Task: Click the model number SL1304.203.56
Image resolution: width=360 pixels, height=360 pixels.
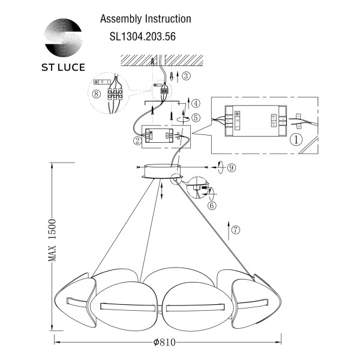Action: (x=142, y=35)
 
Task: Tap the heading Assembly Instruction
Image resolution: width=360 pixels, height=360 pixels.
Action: (x=145, y=19)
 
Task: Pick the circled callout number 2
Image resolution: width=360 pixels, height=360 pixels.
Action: (x=137, y=141)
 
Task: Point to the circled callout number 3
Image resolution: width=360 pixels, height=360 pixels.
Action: (x=187, y=76)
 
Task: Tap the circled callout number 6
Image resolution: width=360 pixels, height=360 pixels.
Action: (x=212, y=205)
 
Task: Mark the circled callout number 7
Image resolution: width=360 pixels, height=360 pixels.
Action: (x=235, y=229)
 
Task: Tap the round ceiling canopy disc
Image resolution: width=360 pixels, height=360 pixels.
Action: (x=160, y=170)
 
